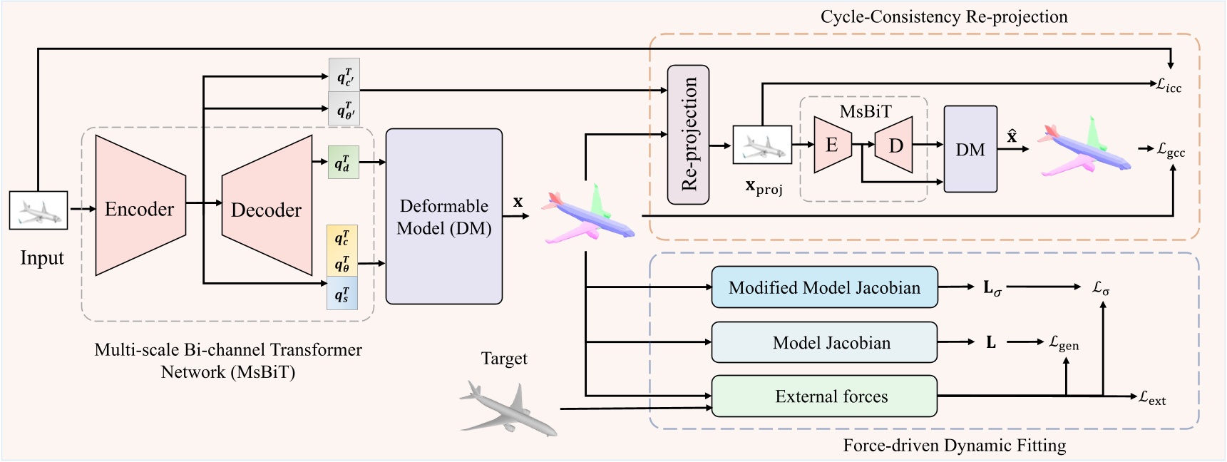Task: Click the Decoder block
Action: [267, 209]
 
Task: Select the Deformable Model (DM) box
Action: [443, 217]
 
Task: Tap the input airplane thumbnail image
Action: [38, 210]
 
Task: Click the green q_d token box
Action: [343, 163]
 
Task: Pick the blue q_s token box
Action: [342, 294]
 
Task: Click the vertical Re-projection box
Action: [688, 135]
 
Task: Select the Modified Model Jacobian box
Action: [824, 287]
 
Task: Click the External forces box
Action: [824, 396]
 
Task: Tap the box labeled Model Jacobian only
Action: [824, 343]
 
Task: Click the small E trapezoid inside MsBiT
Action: [832, 145]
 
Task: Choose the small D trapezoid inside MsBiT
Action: [895, 145]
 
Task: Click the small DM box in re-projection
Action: [970, 149]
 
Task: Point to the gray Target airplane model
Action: [508, 409]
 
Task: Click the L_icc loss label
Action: [1169, 86]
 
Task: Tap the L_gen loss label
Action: [1064, 343]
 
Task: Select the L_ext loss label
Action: [1152, 398]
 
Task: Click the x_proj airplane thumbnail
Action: [762, 145]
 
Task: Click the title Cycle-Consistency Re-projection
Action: [943, 16]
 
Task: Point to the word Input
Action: [42, 257]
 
